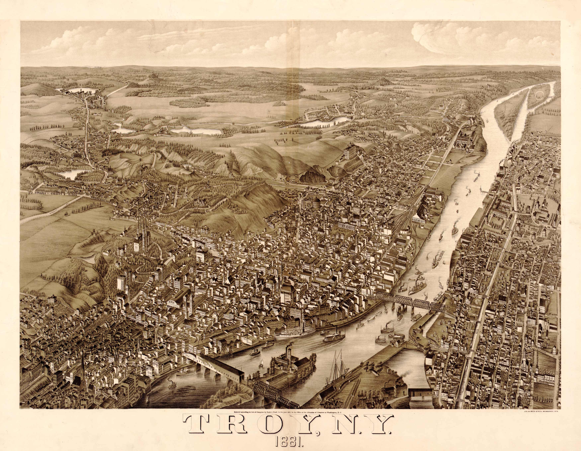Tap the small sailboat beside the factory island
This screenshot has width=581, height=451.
point(261,363)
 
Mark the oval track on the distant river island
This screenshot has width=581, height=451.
point(540,95)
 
